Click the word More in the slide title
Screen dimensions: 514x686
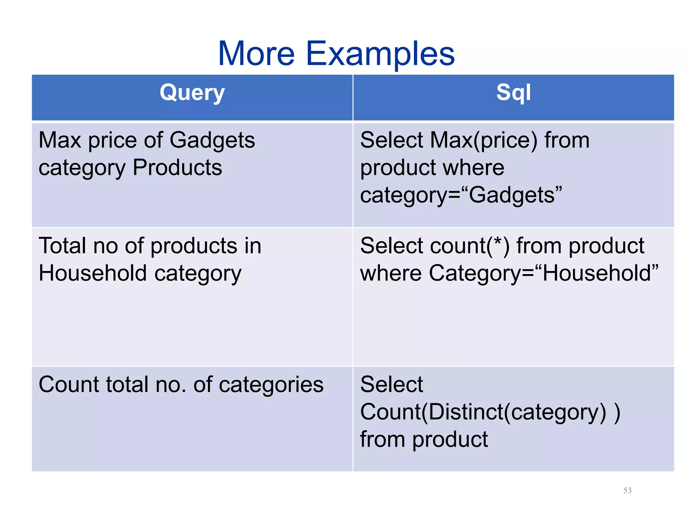click(x=256, y=54)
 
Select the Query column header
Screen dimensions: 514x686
click(x=192, y=93)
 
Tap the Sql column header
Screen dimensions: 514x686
click(x=513, y=93)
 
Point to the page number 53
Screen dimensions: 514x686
click(x=627, y=491)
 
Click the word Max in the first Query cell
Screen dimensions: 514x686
click(x=60, y=140)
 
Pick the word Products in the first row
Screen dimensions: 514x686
click(x=177, y=167)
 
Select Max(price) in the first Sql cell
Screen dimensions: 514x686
click(x=484, y=141)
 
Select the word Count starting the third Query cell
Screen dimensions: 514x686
click(x=69, y=384)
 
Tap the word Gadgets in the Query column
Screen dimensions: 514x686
click(x=212, y=141)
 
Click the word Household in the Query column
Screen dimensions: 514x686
click(x=93, y=273)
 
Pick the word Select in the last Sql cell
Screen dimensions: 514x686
click(x=391, y=384)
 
